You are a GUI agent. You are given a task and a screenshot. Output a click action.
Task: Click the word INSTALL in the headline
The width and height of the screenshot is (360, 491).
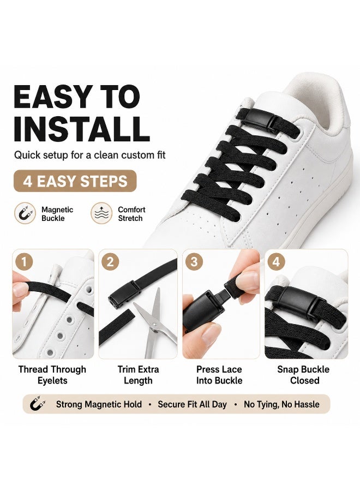82,129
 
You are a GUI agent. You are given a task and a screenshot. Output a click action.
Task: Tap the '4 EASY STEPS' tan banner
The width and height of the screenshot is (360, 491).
75,181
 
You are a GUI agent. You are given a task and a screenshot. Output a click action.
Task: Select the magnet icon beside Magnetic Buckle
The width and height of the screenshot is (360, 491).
25,213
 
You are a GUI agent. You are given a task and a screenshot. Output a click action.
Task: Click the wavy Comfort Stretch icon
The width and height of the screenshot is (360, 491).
101,213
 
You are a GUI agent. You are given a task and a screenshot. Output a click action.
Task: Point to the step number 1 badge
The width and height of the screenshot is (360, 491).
24,262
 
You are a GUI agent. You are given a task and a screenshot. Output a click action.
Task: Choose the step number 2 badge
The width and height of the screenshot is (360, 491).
110,262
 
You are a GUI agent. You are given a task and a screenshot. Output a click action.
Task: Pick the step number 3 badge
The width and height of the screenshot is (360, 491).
194,262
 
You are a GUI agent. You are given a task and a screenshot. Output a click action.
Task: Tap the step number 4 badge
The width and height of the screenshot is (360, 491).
277,262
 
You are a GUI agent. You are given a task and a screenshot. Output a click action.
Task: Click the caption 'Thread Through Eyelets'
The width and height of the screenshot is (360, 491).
52,375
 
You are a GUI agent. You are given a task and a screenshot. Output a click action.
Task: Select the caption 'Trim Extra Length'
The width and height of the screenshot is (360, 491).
138,375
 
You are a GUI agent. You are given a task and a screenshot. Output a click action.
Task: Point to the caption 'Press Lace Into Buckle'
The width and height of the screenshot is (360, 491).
219,375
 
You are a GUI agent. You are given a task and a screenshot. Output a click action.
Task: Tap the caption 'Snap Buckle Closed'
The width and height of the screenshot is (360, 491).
303,375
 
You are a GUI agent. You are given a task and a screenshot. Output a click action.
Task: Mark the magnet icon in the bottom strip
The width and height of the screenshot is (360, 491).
38,404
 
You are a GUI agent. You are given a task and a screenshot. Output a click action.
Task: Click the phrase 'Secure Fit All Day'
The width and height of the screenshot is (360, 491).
192,404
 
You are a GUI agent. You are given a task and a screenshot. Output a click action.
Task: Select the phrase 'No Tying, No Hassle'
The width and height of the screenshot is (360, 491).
281,404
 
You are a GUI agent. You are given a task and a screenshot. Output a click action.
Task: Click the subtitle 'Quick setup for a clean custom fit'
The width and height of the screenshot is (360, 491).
90,155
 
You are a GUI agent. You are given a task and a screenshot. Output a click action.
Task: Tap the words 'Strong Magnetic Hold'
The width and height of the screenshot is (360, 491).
99,404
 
